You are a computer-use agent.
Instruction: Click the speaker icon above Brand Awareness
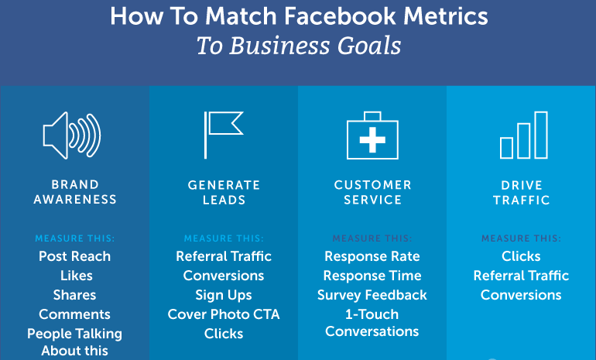click(57, 135)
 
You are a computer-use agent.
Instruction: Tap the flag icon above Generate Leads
click(206, 135)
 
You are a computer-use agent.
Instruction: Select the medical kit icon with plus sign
click(372, 135)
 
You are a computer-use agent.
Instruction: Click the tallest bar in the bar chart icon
click(541, 135)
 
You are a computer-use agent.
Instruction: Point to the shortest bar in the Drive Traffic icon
click(506, 148)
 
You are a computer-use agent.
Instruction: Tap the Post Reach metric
click(74, 256)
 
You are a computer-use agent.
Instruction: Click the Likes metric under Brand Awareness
click(76, 276)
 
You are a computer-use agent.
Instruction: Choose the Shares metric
click(74, 295)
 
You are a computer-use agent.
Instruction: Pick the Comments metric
click(74, 314)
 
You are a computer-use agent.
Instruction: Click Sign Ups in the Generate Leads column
click(224, 296)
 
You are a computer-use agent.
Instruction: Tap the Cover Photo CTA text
click(224, 314)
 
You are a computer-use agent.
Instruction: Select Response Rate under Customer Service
click(372, 256)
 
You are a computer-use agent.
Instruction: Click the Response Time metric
click(372, 276)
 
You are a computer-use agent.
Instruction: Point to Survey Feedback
click(372, 296)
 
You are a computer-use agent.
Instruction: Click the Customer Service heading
click(372, 192)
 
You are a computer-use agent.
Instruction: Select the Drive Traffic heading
click(522, 193)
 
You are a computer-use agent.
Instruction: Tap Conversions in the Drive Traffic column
click(521, 295)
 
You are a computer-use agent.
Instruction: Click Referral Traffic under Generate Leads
click(224, 256)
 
